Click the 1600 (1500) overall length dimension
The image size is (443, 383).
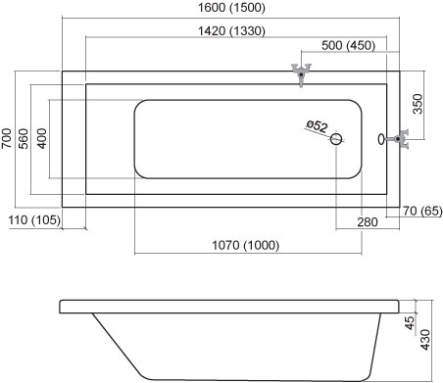(x=231, y=8)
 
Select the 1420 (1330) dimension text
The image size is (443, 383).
(x=231, y=31)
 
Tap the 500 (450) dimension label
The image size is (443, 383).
(x=348, y=45)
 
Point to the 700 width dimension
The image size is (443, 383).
(x=6, y=138)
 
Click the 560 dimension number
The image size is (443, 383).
(x=24, y=139)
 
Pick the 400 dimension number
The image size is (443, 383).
(x=41, y=139)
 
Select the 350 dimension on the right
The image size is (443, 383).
(x=418, y=104)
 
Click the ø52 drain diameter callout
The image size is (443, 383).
(x=317, y=126)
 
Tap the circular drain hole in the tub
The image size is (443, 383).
(x=336, y=139)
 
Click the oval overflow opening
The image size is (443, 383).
(x=381, y=139)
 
